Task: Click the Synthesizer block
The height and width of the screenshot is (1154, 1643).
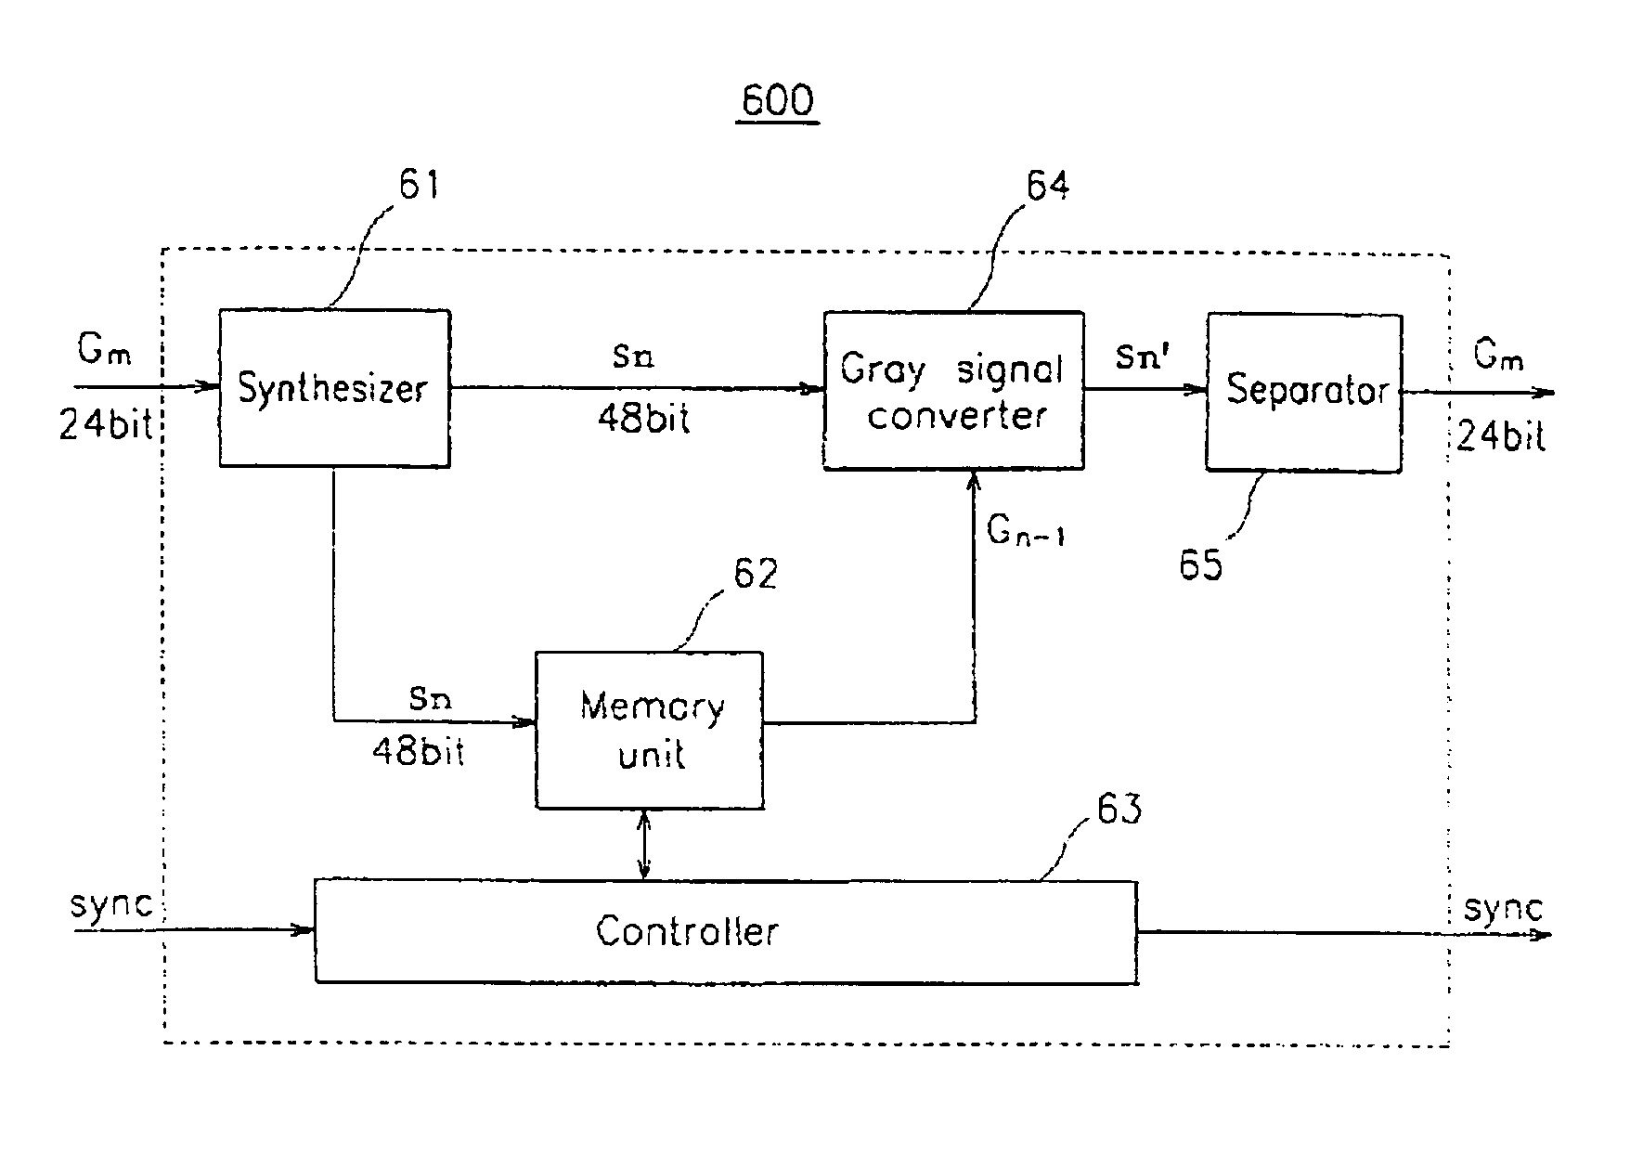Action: click(x=334, y=388)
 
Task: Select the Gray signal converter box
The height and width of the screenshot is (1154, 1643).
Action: click(x=953, y=391)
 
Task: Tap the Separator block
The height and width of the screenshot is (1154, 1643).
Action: click(x=1303, y=393)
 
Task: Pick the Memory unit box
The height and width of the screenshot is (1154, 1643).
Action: click(x=650, y=730)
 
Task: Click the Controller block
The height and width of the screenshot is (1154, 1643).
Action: click(x=726, y=931)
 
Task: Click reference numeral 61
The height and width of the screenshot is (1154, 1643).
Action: click(x=419, y=184)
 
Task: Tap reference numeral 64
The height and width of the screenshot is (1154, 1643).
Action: click(x=1047, y=186)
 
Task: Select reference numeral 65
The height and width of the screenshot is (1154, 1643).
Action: click(x=1201, y=564)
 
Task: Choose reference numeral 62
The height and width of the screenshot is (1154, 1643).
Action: click(x=756, y=574)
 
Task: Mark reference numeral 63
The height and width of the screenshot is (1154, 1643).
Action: click(x=1119, y=809)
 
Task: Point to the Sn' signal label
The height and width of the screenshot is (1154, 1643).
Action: click(x=1139, y=357)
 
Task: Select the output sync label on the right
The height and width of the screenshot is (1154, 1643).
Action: click(x=1504, y=907)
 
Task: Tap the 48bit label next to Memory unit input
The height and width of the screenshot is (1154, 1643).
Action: click(x=419, y=750)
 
